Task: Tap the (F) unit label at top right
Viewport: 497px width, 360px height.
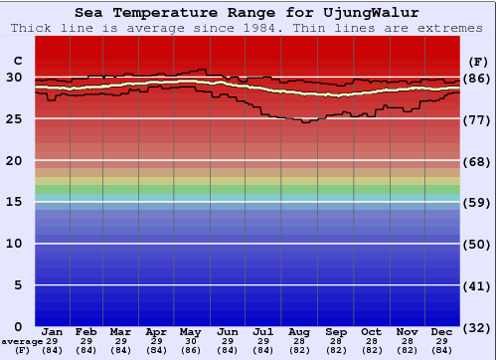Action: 478,61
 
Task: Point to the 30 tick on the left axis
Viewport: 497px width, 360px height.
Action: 14,78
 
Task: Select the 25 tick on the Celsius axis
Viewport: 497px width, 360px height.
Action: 14,119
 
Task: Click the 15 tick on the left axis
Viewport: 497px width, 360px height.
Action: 14,202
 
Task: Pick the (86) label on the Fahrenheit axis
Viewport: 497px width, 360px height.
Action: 478,78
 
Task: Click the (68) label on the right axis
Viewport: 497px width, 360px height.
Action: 478,161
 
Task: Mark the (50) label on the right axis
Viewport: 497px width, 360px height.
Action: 478,244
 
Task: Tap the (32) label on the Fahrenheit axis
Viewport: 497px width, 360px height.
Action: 478,327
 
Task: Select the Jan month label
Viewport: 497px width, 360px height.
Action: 53,331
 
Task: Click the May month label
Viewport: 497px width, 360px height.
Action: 191,331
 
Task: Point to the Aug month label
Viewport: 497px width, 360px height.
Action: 298,331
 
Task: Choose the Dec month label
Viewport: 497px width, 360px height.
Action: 442,331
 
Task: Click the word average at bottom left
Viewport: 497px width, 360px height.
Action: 22,341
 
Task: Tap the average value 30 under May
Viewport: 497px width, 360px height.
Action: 191,341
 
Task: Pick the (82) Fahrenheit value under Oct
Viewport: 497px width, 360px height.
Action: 371,350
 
